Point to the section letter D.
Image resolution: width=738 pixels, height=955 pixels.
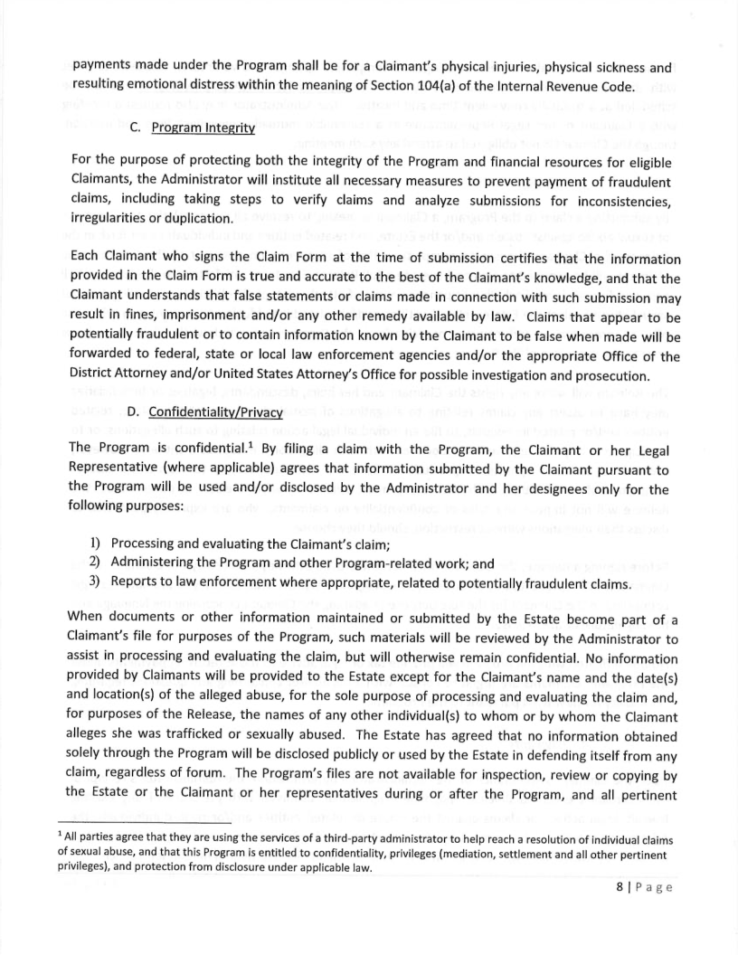(132, 412)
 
